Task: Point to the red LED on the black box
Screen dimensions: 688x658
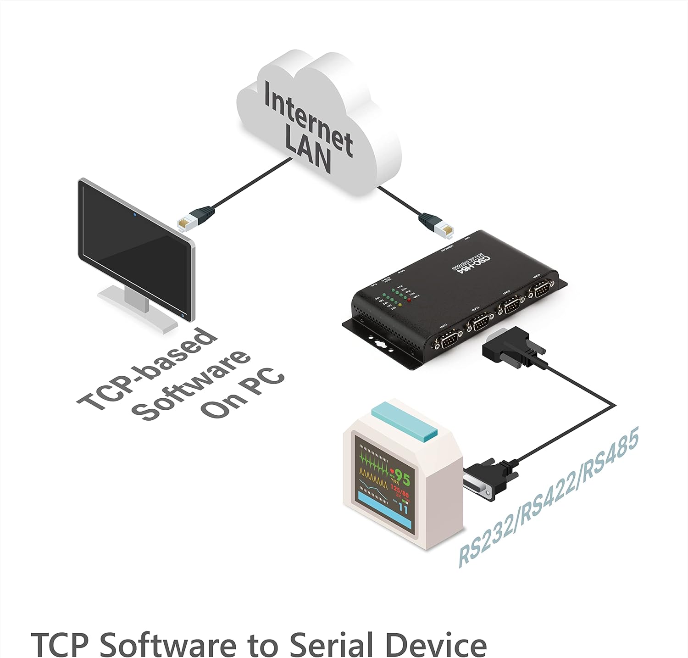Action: point(408,299)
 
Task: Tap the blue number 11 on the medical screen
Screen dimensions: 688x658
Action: point(403,508)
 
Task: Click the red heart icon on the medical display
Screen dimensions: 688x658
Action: point(391,472)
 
